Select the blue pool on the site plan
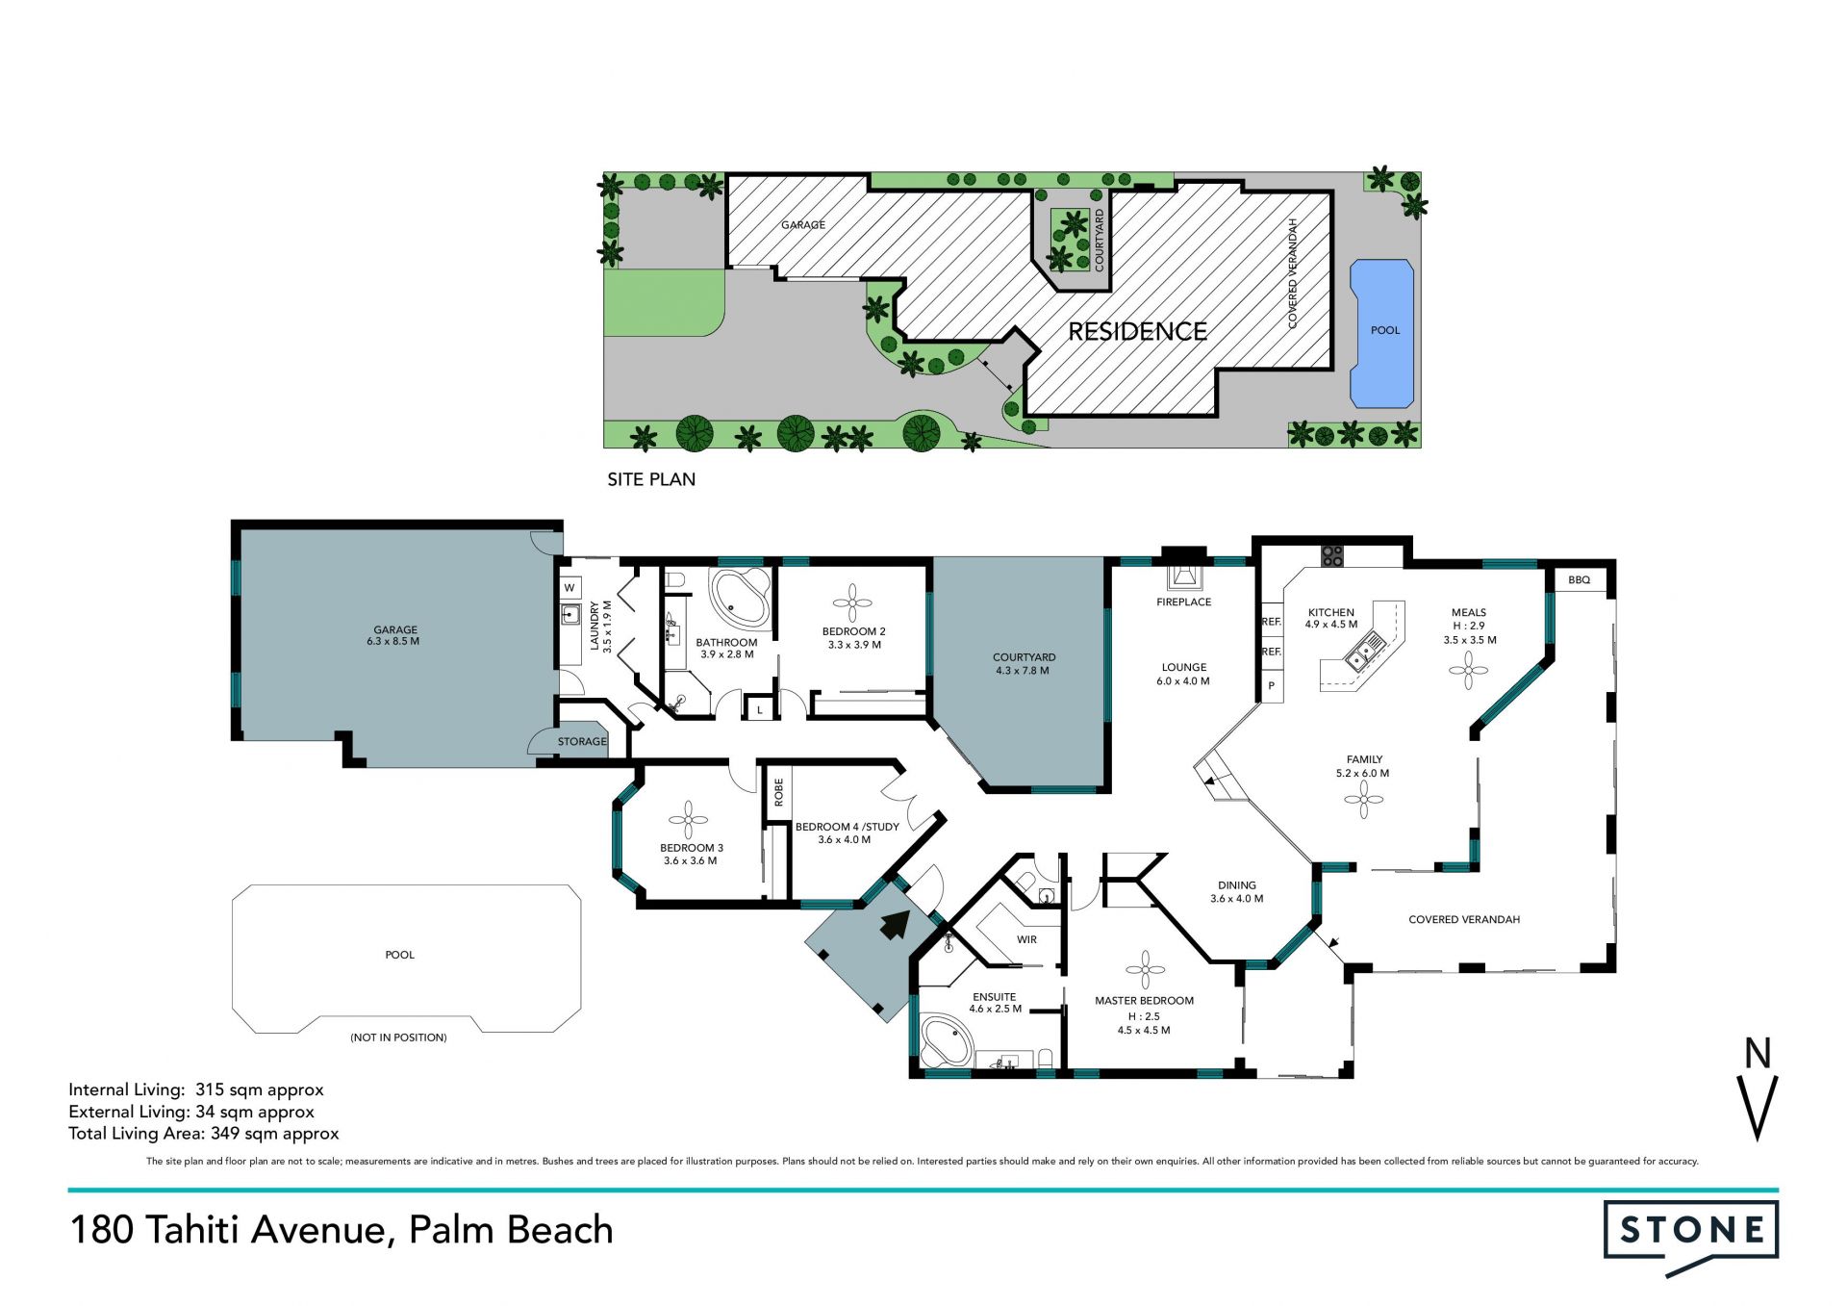click(1382, 333)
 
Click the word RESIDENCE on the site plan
click(1137, 332)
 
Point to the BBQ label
click(1579, 580)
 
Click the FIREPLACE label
click(1183, 602)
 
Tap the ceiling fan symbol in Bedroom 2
click(852, 602)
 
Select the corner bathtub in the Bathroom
click(738, 598)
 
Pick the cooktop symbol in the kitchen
click(1332, 555)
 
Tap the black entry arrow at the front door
click(896, 925)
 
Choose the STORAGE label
click(582, 742)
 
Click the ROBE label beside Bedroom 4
click(778, 792)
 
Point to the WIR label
click(1026, 940)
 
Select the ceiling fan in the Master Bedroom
click(1145, 970)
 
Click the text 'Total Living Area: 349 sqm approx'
click(204, 1134)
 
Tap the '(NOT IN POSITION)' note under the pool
click(398, 1037)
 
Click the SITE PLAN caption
click(651, 479)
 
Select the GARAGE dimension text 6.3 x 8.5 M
click(392, 642)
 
